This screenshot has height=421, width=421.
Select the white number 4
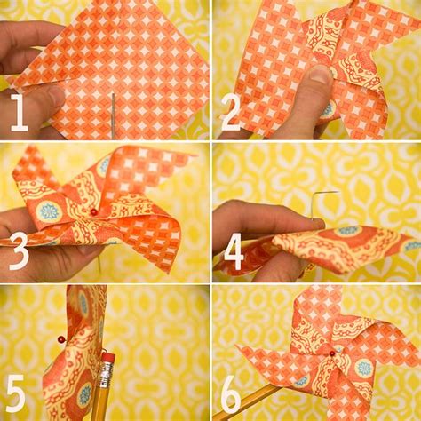(x=234, y=252)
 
